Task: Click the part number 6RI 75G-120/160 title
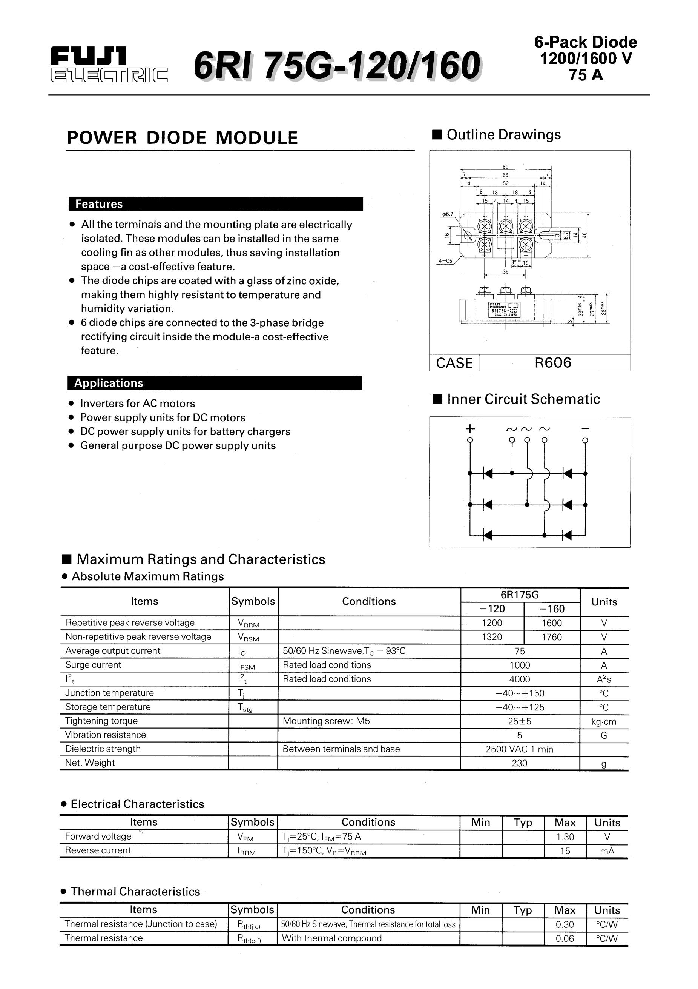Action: tap(337, 65)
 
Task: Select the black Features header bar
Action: tap(216, 204)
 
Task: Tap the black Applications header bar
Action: tap(215, 383)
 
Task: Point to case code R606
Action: tap(552, 363)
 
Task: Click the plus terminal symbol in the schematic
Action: tap(470, 428)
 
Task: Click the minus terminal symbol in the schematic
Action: tap(585, 428)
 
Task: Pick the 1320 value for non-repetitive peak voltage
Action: tap(492, 637)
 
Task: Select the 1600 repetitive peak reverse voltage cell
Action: tap(552, 623)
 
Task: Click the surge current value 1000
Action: tap(520, 665)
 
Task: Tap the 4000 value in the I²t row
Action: tap(520, 679)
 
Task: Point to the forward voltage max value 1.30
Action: tap(565, 837)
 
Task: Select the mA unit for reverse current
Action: tap(607, 851)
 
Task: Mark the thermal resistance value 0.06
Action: tap(565, 938)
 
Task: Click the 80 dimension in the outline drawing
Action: tap(505, 167)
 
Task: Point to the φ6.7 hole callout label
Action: tap(448, 214)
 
